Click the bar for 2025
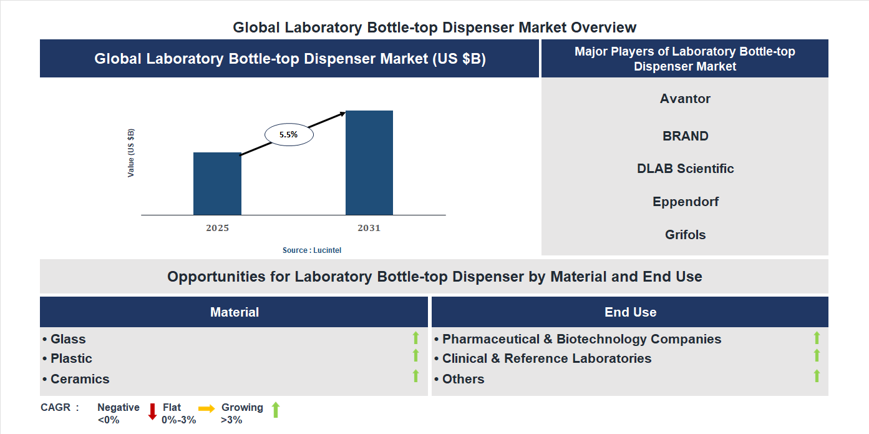217,184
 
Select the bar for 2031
369,163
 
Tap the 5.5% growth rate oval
289,134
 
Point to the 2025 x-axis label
217,228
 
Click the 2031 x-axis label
369,228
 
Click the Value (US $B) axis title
131,153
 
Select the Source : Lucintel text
312,250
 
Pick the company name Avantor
685,99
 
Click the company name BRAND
685,136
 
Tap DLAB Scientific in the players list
685,169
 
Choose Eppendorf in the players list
685,202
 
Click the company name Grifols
685,235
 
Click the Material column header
234,312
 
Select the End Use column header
630,312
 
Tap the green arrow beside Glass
415,338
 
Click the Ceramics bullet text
80,379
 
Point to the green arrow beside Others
817,376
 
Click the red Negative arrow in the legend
152,412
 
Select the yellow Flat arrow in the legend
206,408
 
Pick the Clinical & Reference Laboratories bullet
546,358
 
